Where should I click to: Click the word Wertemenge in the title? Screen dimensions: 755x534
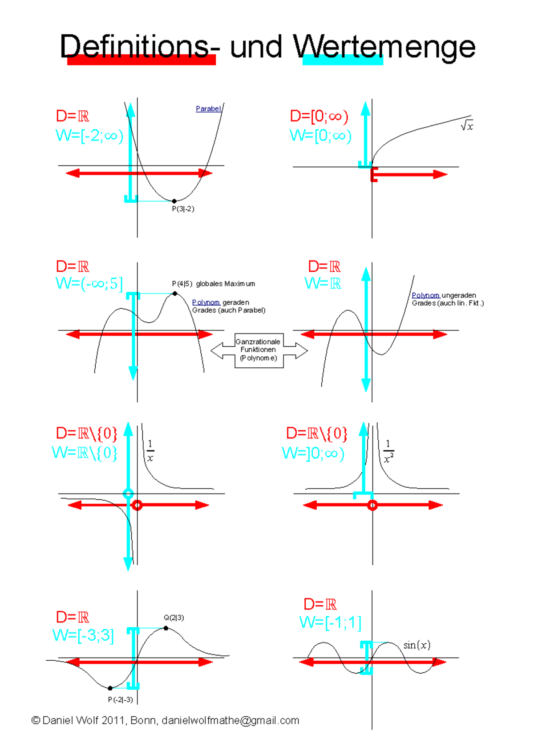pyautogui.click(x=384, y=47)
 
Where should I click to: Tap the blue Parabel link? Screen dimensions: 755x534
pyautogui.click(x=208, y=108)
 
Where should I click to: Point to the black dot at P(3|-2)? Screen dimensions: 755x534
pyautogui.click(x=174, y=201)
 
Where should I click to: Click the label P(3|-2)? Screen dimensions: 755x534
pyautogui.click(x=183, y=209)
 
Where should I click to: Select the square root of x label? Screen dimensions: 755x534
pyautogui.click(x=467, y=126)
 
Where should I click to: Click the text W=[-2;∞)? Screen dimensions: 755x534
pyautogui.click(x=89, y=135)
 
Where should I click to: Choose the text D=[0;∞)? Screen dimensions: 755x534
pyautogui.click(x=319, y=116)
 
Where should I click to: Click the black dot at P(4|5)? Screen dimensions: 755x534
pyautogui.click(x=175, y=293)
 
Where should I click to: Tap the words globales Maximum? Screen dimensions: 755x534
pyautogui.click(x=225, y=284)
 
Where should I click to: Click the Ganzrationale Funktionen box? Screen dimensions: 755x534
pyautogui.click(x=258, y=350)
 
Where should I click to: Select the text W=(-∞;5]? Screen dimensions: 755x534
pyautogui.click(x=89, y=283)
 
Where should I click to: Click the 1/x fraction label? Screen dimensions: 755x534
pyautogui.click(x=150, y=451)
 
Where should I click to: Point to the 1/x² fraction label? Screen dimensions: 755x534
pyautogui.click(x=388, y=451)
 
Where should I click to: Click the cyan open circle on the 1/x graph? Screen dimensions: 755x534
pyautogui.click(x=128, y=494)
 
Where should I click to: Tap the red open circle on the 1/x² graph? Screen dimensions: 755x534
pyautogui.click(x=372, y=505)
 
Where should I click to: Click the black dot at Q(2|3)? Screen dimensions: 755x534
pyautogui.click(x=166, y=628)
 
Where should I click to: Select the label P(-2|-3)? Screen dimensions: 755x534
pyautogui.click(x=120, y=699)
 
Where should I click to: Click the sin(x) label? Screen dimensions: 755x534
pyautogui.click(x=417, y=645)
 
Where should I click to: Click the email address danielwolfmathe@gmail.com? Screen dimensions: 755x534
pyautogui.click(x=230, y=720)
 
